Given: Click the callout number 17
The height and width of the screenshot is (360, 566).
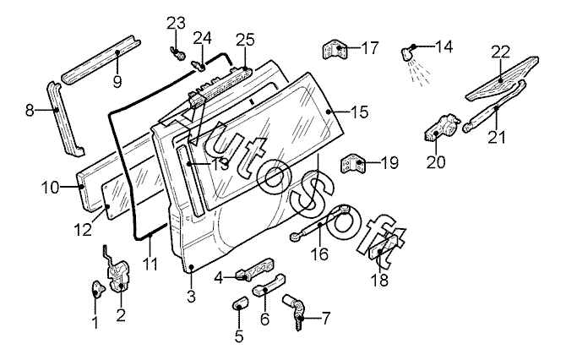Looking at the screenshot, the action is (370, 48).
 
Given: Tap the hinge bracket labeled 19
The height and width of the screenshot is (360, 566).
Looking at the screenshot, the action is (352, 164).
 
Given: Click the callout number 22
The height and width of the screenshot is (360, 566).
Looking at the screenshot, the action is (500, 52).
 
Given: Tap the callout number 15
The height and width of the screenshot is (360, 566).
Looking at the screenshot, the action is (358, 112).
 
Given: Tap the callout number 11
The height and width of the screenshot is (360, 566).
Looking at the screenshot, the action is (150, 264).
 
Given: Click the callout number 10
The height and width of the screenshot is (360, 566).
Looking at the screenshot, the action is (50, 188).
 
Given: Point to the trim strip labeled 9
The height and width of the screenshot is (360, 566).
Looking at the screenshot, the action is (101, 58).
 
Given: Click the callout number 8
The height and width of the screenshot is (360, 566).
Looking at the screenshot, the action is (30, 110).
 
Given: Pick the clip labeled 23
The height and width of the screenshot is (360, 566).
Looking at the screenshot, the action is (177, 52).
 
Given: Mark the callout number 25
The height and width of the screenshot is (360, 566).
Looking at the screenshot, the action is (246, 40).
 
